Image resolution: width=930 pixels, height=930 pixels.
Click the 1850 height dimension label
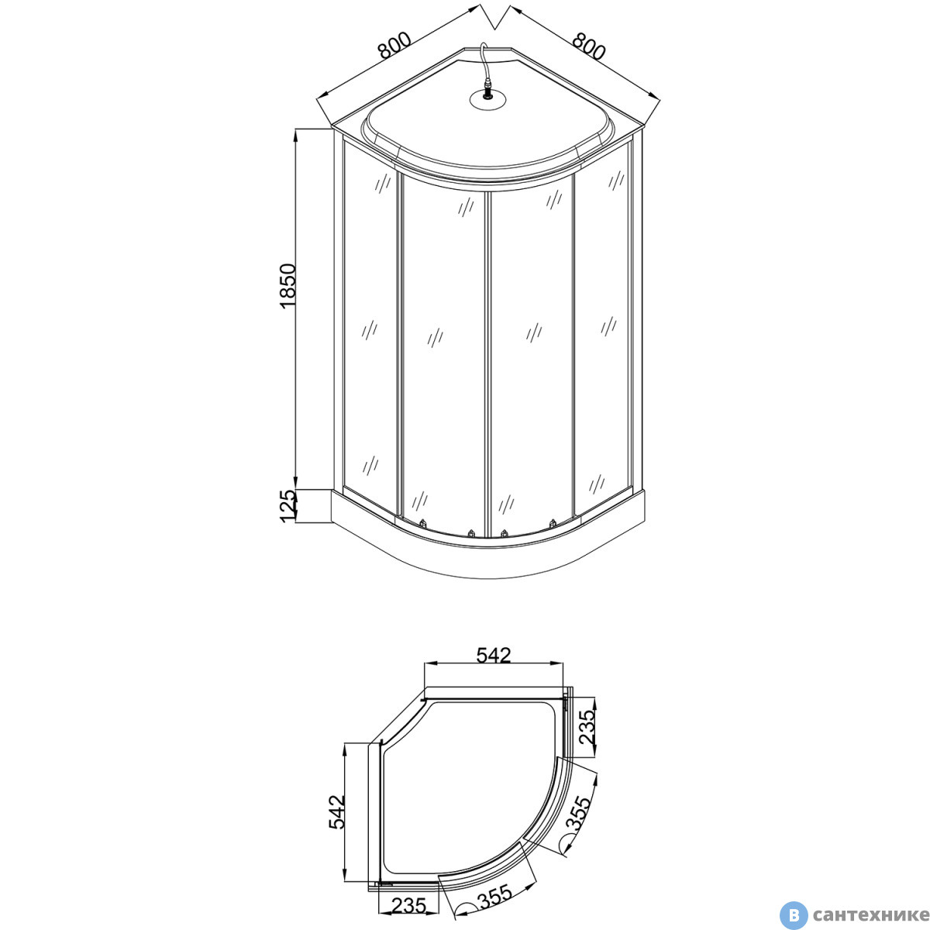(288, 286)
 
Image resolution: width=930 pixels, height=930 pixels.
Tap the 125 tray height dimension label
(288, 505)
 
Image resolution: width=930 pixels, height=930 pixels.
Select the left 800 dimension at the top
(394, 45)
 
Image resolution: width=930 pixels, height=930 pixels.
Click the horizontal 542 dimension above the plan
(493, 656)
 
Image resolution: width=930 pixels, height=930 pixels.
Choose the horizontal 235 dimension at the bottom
(408, 905)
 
